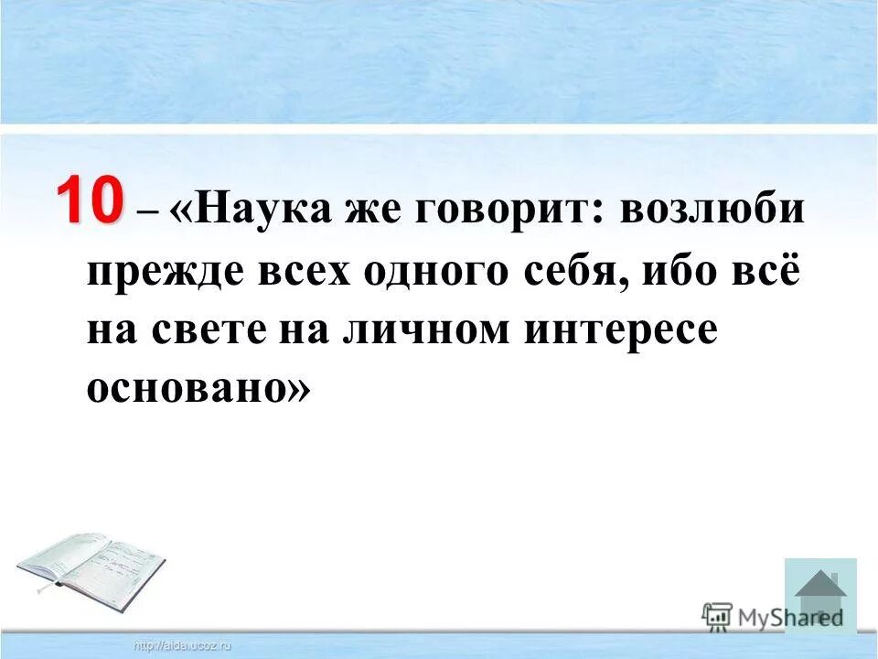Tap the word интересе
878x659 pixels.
click(x=621, y=331)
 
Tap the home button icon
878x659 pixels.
click(x=820, y=596)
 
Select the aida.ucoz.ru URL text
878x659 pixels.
click(x=183, y=646)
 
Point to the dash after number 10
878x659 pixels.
click(x=147, y=212)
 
